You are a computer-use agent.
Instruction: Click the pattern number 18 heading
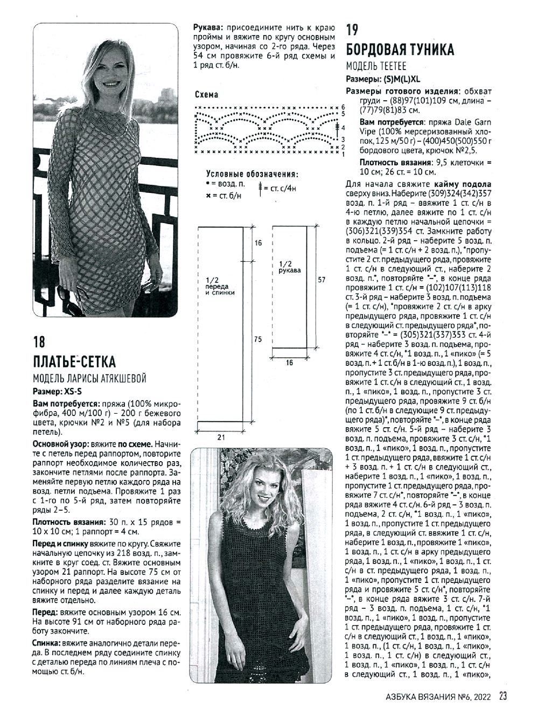pos(39,343)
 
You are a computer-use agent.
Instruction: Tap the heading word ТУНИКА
pos(426,50)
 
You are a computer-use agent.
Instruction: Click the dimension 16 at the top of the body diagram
pos(258,244)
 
